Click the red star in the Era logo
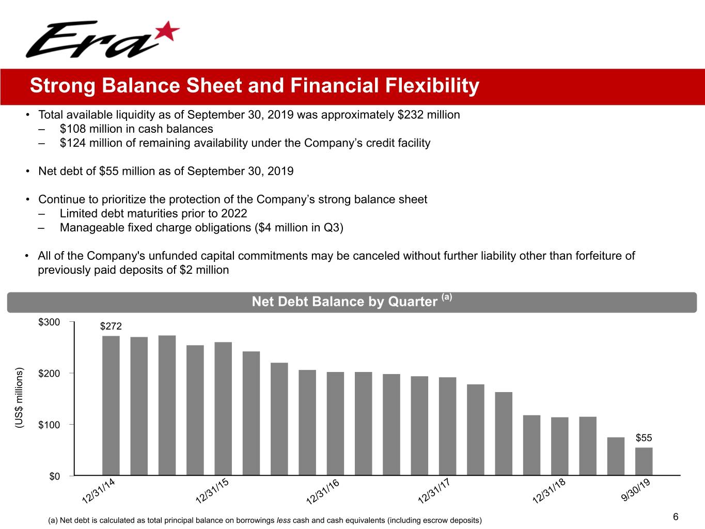[x=167, y=32]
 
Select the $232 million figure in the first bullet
[x=428, y=115]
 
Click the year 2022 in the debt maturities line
[x=234, y=213]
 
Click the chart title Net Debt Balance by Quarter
[x=344, y=302]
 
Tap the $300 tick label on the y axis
[x=49, y=322]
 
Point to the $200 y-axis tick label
[x=49, y=374]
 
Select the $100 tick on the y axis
[x=49, y=425]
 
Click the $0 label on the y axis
[x=54, y=476]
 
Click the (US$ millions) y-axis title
[x=20, y=398]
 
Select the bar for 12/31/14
[x=111, y=406]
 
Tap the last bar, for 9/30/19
[x=644, y=461]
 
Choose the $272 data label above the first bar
[x=111, y=326]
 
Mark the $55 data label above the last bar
[x=644, y=438]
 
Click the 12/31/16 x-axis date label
[x=323, y=491]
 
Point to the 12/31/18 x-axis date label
[x=549, y=491]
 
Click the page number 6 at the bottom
[x=676, y=517]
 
